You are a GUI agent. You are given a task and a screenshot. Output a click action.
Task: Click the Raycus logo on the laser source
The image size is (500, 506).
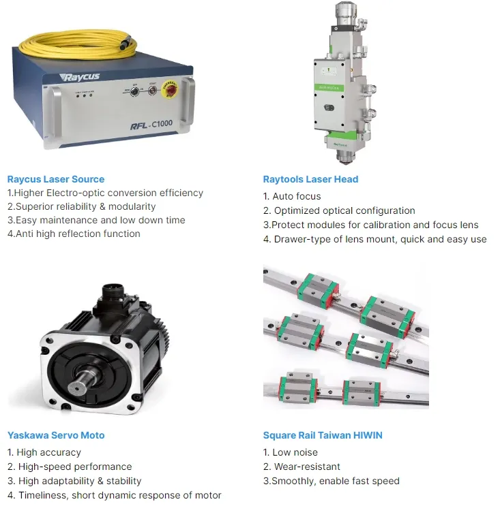click(80, 77)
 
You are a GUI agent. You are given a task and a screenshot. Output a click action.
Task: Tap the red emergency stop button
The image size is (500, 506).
click(169, 89)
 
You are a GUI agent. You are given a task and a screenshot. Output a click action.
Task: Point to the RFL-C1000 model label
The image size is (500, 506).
click(151, 125)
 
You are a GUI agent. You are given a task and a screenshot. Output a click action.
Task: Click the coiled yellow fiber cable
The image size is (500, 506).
click(78, 44)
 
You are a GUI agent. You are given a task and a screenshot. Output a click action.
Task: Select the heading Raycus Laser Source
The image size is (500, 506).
click(56, 179)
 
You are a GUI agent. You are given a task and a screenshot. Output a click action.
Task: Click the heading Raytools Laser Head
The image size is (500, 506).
click(310, 179)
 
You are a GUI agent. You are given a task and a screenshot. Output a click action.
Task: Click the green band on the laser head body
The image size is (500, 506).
click(329, 87)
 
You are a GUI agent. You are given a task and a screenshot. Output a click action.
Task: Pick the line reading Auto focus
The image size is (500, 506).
click(292, 196)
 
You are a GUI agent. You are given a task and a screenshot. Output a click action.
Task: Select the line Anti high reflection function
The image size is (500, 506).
click(74, 234)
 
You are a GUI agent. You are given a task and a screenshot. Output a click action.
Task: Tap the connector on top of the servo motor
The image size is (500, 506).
click(113, 293)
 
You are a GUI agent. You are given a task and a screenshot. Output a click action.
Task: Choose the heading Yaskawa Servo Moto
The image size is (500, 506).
click(56, 435)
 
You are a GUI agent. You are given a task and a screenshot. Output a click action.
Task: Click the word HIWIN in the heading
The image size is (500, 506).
click(368, 435)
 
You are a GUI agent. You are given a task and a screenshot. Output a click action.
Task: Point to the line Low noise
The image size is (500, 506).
click(290, 452)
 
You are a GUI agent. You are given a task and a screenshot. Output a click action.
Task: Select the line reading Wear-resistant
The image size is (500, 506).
click(302, 467)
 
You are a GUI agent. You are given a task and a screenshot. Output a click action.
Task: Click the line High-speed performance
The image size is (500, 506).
click(70, 467)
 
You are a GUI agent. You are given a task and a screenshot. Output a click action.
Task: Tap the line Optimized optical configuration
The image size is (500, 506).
click(339, 210)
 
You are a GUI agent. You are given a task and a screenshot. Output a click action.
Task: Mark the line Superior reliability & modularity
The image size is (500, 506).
click(81, 206)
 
